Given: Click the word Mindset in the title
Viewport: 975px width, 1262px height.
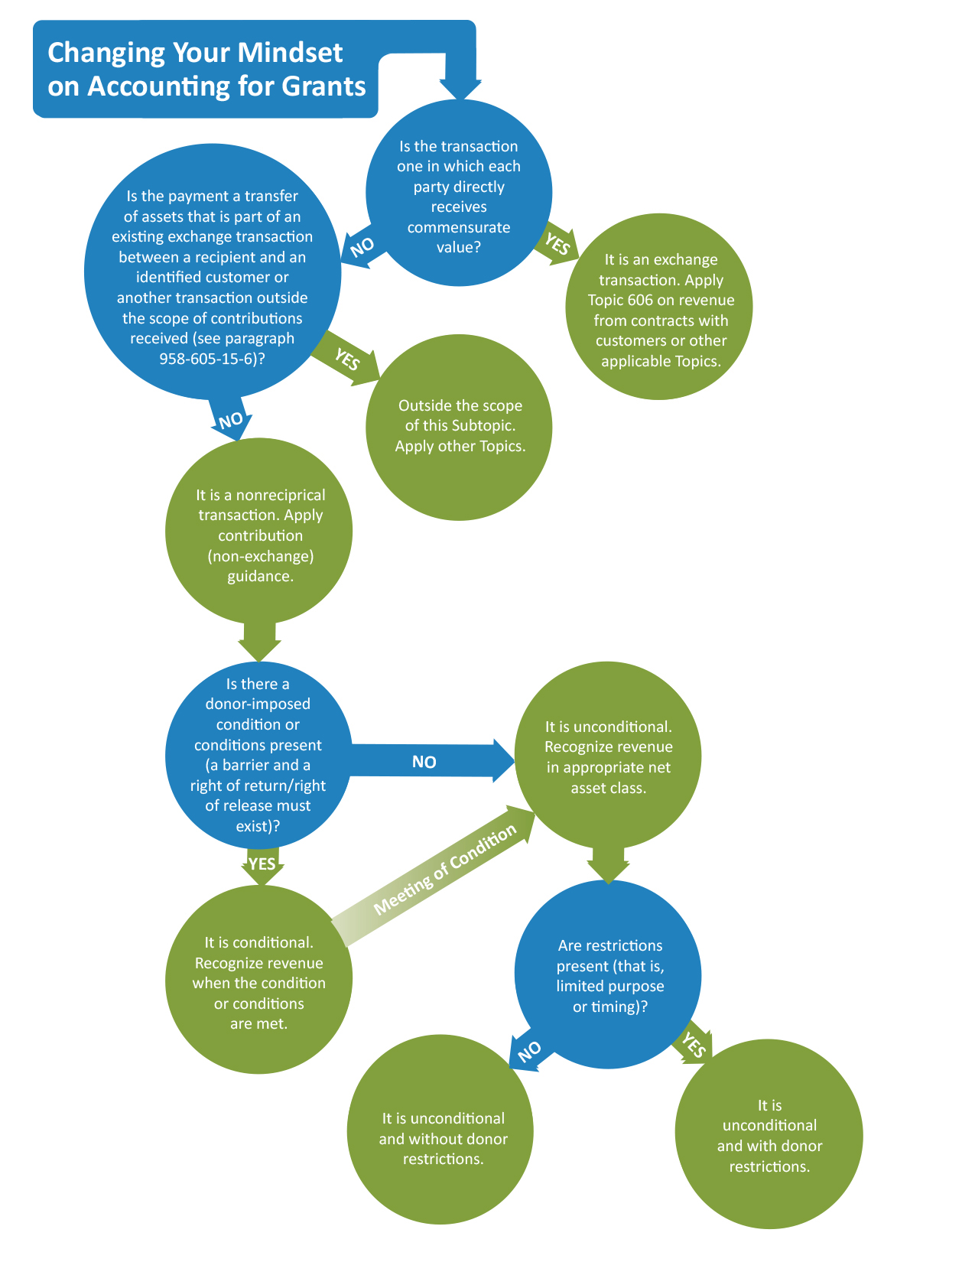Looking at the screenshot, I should [291, 54].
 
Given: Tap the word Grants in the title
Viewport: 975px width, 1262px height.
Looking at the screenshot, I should [323, 86].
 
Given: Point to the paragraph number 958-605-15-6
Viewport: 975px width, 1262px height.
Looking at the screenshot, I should [207, 359].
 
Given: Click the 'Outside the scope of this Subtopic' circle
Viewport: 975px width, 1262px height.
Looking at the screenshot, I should [460, 427].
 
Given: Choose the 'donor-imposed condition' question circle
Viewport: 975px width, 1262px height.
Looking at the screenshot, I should [258, 755].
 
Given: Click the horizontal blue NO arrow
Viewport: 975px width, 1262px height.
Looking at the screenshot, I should [425, 761].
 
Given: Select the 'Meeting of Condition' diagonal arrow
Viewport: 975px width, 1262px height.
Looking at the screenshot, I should [444, 873].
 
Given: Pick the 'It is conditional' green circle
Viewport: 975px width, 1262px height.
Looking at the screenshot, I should [258, 981].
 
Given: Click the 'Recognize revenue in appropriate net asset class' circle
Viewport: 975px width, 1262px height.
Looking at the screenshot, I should [608, 756].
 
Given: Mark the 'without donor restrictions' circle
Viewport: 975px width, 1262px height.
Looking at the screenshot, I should [442, 1138].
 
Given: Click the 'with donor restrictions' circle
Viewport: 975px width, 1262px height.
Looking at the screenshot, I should [769, 1136].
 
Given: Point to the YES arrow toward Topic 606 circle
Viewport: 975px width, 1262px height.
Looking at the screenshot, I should [558, 245].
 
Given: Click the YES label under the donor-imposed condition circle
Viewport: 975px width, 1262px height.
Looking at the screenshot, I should [262, 864].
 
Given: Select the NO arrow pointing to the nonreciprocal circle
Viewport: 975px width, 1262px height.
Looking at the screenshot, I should [230, 421].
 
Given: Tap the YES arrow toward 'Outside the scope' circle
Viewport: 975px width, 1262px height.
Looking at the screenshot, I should [348, 358].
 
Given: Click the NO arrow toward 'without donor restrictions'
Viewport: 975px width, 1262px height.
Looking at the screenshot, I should [528, 1052].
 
